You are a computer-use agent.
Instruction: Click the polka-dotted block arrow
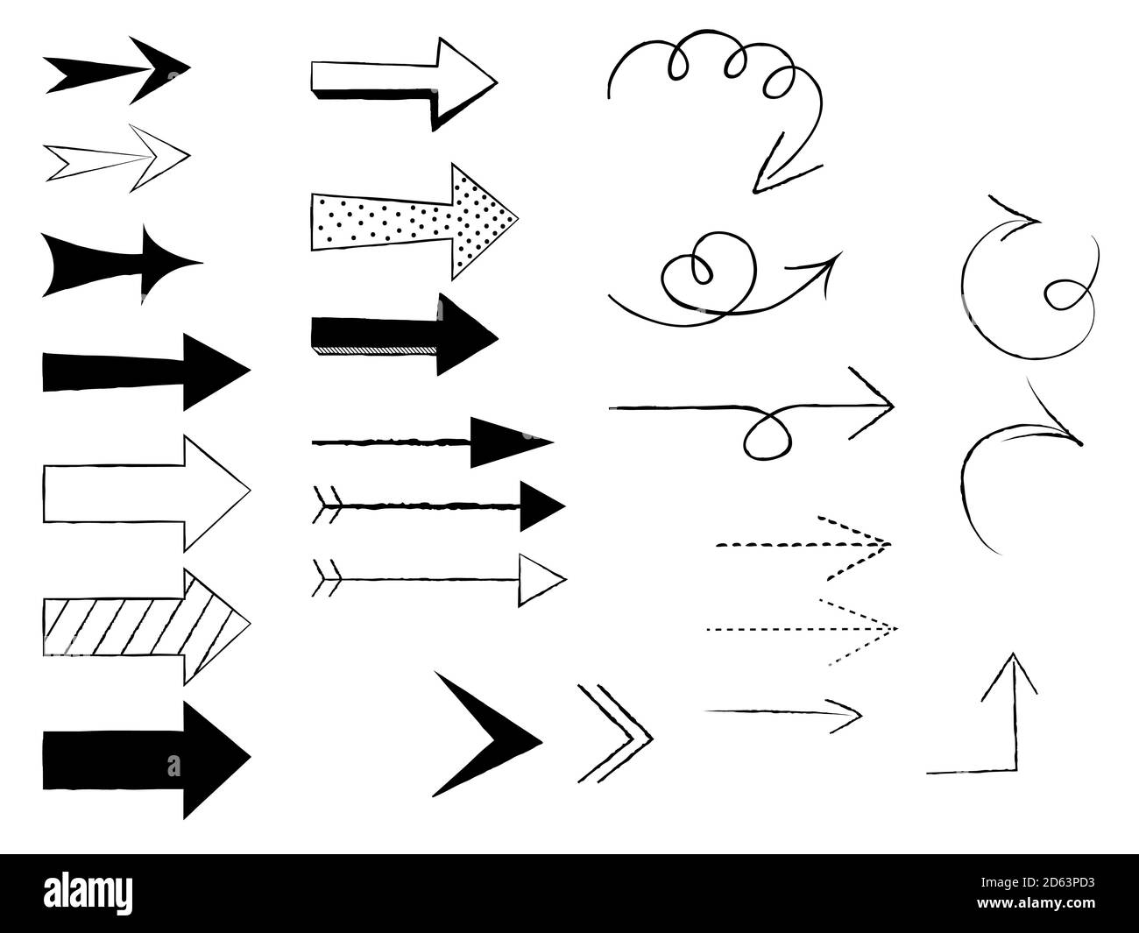[x=412, y=220]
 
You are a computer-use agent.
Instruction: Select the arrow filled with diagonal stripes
[x=145, y=626]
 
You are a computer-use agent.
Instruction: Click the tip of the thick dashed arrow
[x=889, y=545]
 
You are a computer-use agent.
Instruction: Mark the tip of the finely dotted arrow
[x=895, y=629]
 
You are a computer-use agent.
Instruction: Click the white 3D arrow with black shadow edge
[x=403, y=81]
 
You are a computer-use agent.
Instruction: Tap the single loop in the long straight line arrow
[x=768, y=433]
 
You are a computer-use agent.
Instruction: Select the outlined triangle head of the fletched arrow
[x=541, y=578]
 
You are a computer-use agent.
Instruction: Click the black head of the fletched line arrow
[x=541, y=505]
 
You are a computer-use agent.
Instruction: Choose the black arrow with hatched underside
[x=403, y=335]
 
